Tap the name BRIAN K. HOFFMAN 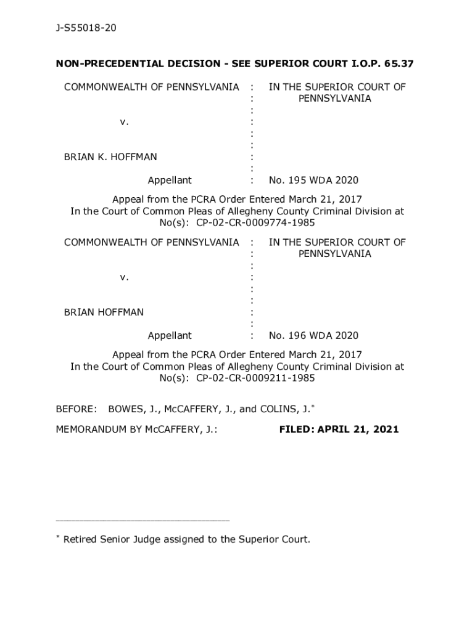(x=110, y=157)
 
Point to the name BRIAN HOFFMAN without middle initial (x=104, y=312)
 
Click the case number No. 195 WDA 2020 (x=313, y=181)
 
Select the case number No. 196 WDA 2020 (x=313, y=336)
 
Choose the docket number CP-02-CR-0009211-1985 (x=256, y=378)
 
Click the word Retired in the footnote (x=82, y=540)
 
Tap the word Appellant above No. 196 (x=170, y=336)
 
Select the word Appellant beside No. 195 (x=170, y=181)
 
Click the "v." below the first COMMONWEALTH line (x=125, y=122)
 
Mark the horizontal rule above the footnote (x=142, y=521)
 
